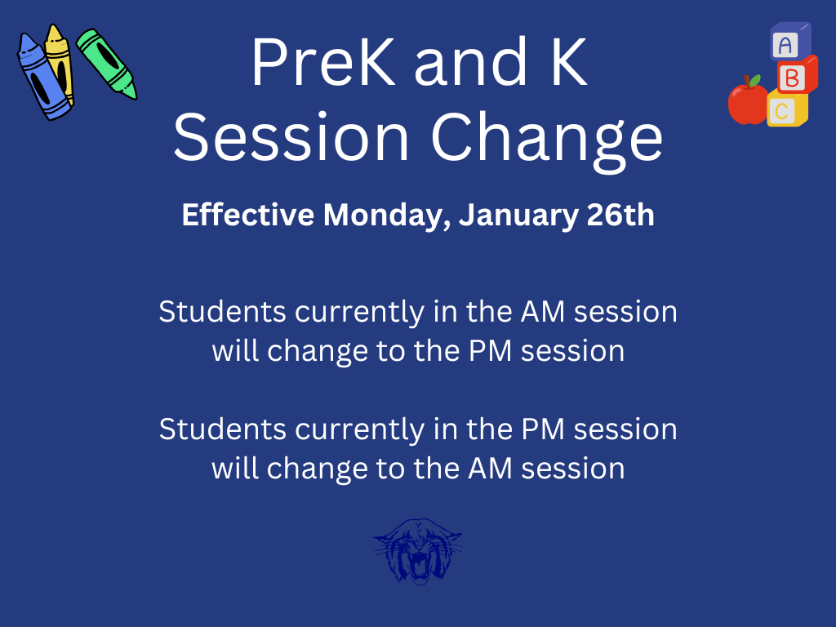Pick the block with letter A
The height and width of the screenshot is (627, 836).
(788, 43)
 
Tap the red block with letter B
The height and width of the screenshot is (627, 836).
(794, 77)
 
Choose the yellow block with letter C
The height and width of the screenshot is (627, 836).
(785, 110)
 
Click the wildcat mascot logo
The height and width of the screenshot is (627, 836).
(417, 551)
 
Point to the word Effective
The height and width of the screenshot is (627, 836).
(247, 216)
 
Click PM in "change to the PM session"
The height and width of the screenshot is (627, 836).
(491, 351)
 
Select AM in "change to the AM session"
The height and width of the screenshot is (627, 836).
(491, 469)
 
